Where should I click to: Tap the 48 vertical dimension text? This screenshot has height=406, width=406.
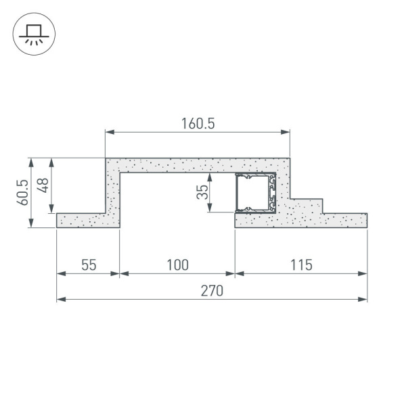(43, 185)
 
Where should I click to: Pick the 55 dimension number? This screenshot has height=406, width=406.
(89, 265)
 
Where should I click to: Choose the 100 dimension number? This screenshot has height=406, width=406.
(177, 265)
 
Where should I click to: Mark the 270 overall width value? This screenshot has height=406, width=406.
(211, 290)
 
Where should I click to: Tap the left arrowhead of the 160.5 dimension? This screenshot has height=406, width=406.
(109, 132)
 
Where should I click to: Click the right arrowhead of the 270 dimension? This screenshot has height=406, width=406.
(363, 299)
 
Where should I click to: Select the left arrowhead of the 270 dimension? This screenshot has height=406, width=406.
(60, 299)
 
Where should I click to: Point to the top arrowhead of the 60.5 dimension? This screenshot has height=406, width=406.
(30, 162)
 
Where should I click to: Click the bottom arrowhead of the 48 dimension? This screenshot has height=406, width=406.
(52, 210)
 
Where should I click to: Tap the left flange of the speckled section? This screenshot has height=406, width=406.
(81, 220)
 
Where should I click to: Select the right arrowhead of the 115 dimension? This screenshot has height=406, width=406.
(363, 274)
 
